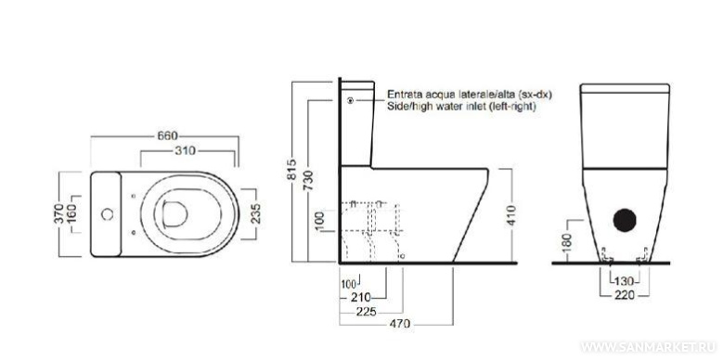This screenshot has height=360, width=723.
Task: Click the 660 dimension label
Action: [167, 136]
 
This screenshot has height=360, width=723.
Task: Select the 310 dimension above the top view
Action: [187, 150]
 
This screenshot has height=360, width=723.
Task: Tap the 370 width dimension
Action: [60, 213]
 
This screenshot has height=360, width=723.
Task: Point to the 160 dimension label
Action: [71, 214]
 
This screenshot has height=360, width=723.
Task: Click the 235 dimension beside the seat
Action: [256, 214]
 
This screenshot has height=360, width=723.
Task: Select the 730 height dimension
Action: [308, 181]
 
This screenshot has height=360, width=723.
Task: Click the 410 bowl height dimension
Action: [511, 216]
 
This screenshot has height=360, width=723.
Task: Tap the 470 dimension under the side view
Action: [400, 324]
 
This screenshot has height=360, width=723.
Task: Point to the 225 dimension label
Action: [367, 312]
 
